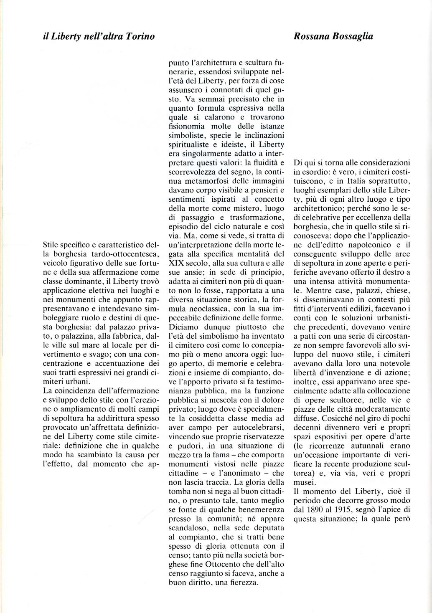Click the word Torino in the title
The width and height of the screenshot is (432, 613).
140,36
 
